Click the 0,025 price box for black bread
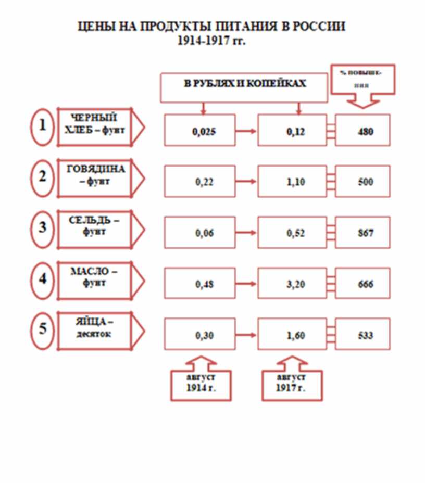click(x=199, y=130)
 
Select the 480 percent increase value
click(x=366, y=132)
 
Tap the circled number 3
click(x=43, y=229)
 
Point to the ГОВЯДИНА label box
click(x=95, y=178)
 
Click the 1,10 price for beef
click(x=296, y=182)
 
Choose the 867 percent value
click(x=366, y=233)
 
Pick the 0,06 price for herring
click(x=204, y=233)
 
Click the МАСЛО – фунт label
click(x=94, y=277)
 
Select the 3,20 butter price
click(x=296, y=284)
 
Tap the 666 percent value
click(x=366, y=284)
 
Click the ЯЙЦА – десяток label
click(x=94, y=328)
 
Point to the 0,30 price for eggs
click(x=204, y=335)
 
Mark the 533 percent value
click(x=366, y=335)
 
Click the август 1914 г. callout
click(x=201, y=385)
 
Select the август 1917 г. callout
click(x=292, y=385)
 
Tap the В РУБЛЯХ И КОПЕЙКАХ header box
click(x=244, y=88)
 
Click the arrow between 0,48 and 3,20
click(x=246, y=284)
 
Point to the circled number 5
click(x=43, y=331)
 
